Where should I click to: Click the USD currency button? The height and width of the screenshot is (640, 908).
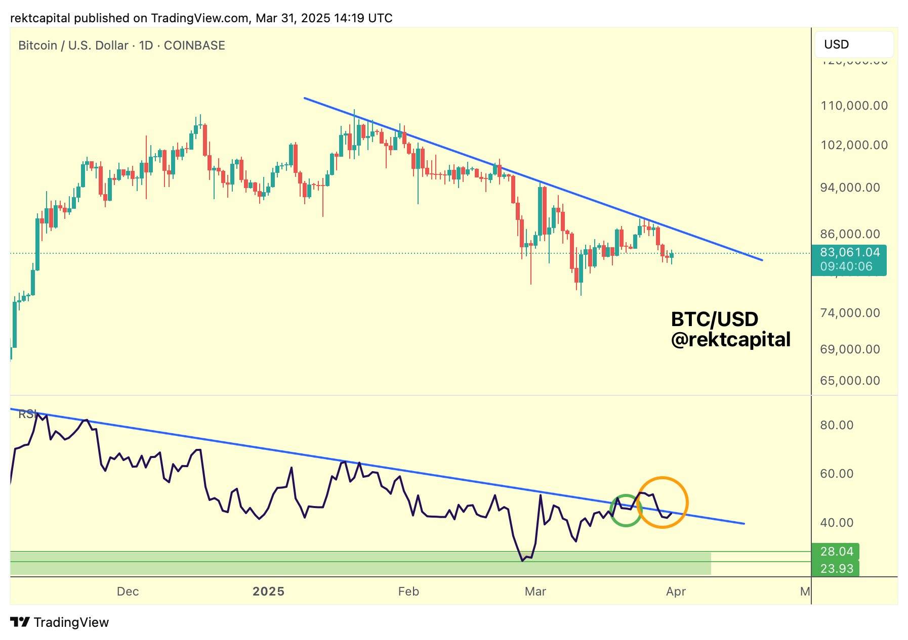[853, 44]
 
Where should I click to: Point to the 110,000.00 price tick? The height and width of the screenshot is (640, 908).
[854, 106]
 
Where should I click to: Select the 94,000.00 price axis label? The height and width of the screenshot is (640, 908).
[850, 188]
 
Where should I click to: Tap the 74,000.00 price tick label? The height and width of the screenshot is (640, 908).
[850, 313]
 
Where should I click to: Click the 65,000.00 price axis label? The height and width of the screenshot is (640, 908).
[850, 381]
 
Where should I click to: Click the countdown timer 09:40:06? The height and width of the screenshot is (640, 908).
[846, 266]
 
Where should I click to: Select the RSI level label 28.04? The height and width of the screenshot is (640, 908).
[837, 552]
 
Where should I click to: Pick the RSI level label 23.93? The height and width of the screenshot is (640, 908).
[837, 569]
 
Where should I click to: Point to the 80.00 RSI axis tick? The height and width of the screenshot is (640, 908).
[837, 425]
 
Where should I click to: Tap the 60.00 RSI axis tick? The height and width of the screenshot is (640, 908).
[837, 474]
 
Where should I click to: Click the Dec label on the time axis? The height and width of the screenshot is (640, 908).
[128, 591]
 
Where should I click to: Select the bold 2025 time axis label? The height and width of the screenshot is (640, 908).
[268, 591]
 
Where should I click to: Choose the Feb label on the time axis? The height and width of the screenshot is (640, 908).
[408, 591]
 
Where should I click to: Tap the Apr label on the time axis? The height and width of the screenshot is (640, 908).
[676, 591]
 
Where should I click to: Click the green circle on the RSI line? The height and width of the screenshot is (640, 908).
[626, 511]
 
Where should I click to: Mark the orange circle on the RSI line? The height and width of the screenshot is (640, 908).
[662, 502]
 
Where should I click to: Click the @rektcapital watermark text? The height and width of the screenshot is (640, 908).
[730, 340]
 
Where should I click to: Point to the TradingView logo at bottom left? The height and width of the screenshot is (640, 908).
[59, 622]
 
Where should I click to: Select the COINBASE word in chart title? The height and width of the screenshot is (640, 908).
[194, 45]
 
